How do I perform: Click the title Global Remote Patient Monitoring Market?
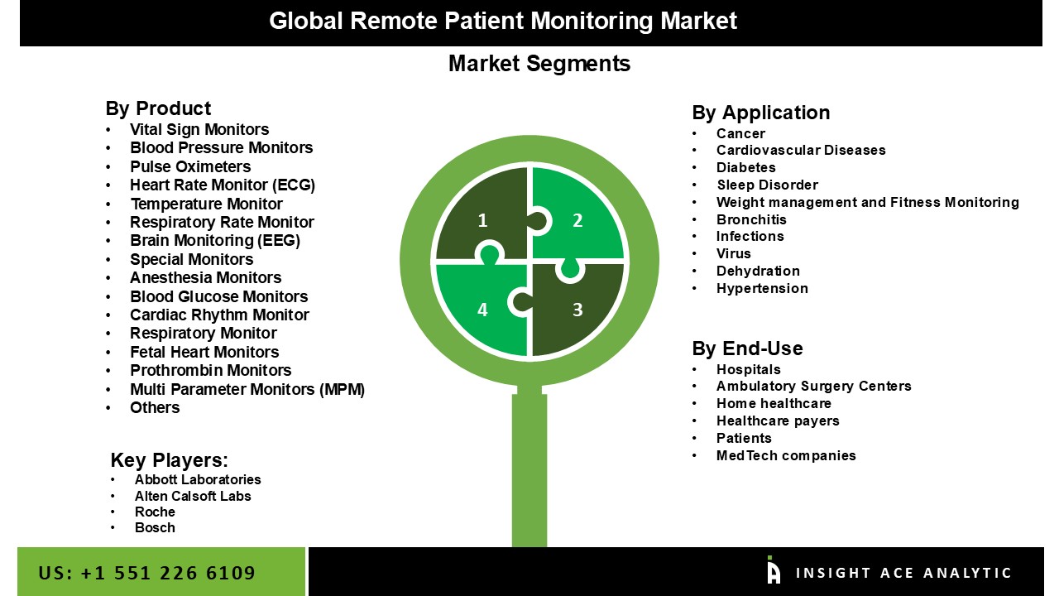(x=502, y=21)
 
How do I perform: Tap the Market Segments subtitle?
(x=539, y=64)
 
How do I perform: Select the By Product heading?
(x=158, y=108)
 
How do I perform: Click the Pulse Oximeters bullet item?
(x=190, y=166)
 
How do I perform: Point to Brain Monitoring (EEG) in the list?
(x=214, y=240)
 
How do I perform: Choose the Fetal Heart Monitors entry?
(x=204, y=352)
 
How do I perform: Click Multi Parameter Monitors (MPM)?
(x=247, y=389)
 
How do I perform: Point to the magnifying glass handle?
(x=529, y=468)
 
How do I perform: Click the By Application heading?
(x=760, y=113)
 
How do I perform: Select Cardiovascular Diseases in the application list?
(x=801, y=151)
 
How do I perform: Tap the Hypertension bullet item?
(x=762, y=288)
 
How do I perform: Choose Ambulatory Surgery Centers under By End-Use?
(x=813, y=386)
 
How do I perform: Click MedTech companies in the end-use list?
(x=786, y=455)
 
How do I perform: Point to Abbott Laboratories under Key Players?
(x=198, y=479)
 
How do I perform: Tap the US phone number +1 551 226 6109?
(x=146, y=573)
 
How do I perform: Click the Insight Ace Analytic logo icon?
(x=774, y=571)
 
